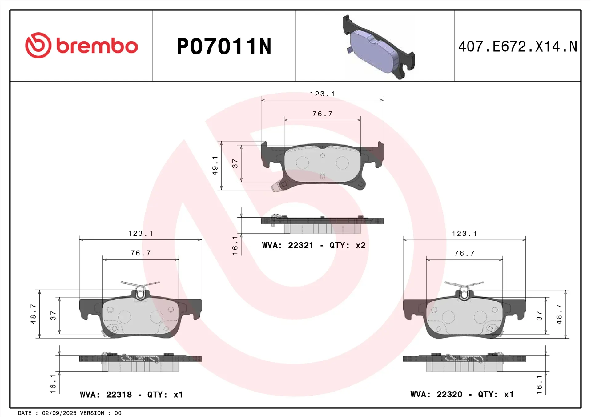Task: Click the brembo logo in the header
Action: pos(81,46)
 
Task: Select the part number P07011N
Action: pos(224,46)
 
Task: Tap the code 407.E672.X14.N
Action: pos(518,46)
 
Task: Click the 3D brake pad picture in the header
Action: pos(379,47)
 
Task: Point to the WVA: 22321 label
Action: pos(288,245)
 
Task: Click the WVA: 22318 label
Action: pos(106,395)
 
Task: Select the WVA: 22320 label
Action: pos(436,394)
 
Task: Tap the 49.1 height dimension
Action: pos(215,166)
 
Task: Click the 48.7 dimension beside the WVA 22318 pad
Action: pos(33,314)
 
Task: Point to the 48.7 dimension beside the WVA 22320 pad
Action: pos(559,314)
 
